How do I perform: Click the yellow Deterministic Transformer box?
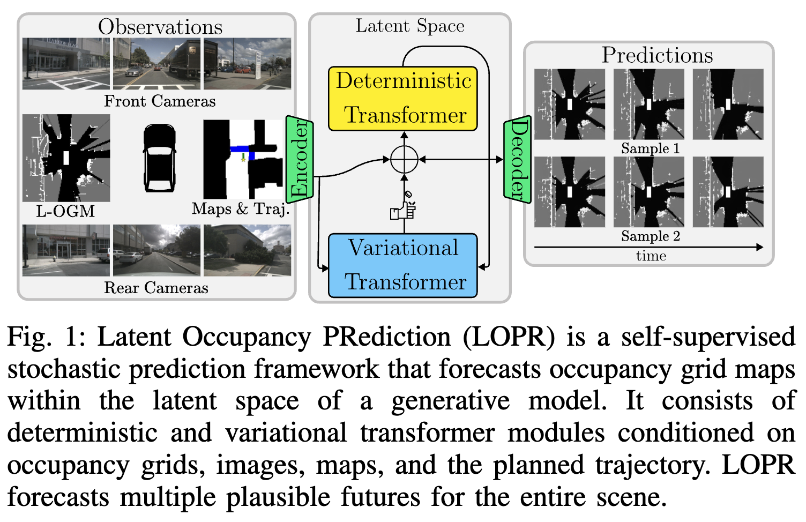pos(403,99)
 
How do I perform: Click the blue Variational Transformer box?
pos(403,265)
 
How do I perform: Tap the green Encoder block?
pos(299,159)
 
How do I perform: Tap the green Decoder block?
pos(517,159)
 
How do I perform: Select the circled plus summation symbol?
pos(404,159)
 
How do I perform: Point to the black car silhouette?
pos(159,158)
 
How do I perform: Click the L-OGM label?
pos(65,211)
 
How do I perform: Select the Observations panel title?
pos(160,27)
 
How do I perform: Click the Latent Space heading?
pos(410,26)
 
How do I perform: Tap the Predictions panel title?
pos(657,55)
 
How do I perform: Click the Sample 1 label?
pos(650,148)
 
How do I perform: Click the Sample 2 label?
pos(650,236)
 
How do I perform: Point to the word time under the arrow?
pos(651,256)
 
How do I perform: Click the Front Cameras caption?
pos(160,101)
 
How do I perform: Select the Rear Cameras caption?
pos(156,288)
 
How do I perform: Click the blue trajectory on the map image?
pos(241,149)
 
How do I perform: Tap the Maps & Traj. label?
pos(241,208)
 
